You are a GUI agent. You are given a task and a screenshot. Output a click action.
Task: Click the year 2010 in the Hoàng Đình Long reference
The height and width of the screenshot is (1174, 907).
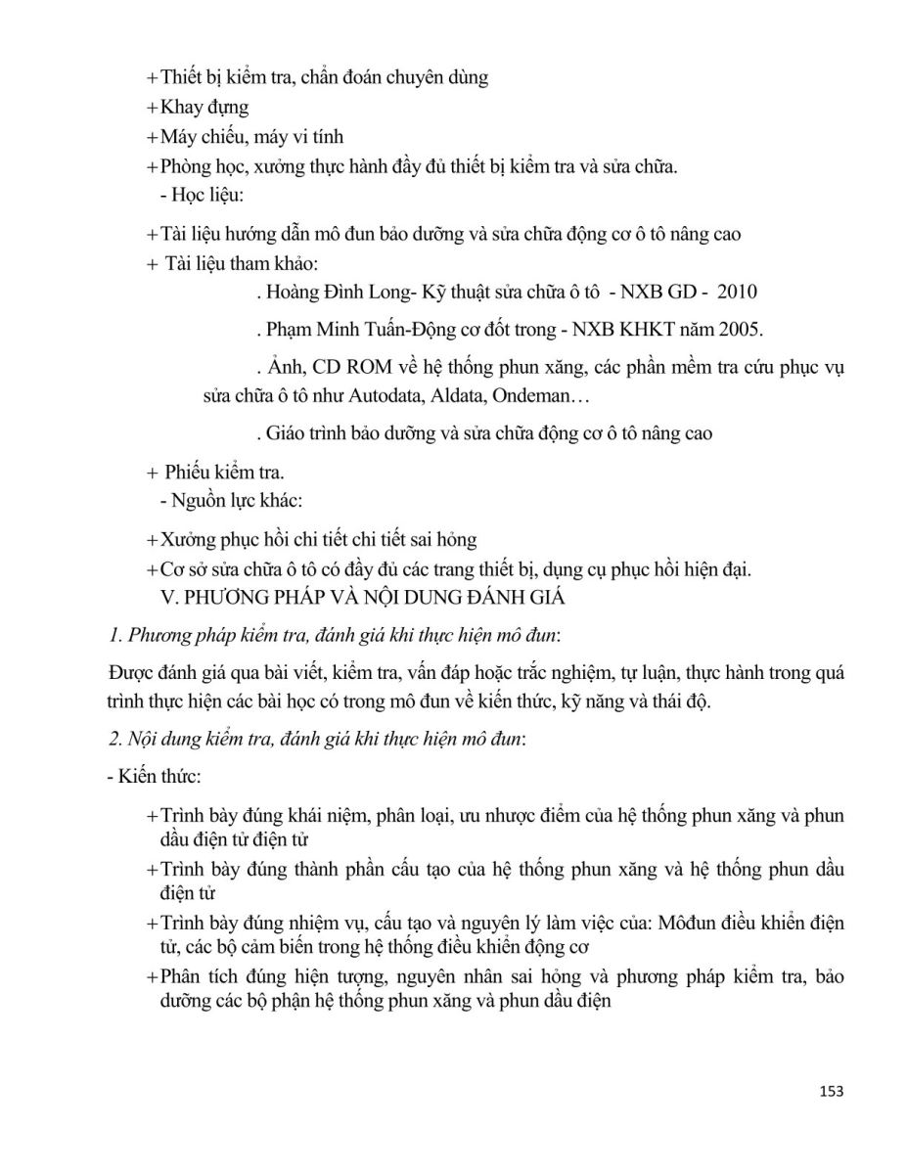pos(736,292)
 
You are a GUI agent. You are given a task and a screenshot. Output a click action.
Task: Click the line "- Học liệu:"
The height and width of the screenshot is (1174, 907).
pos(193,196)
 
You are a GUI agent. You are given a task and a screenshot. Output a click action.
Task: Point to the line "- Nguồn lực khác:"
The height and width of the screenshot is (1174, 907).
pos(230,500)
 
